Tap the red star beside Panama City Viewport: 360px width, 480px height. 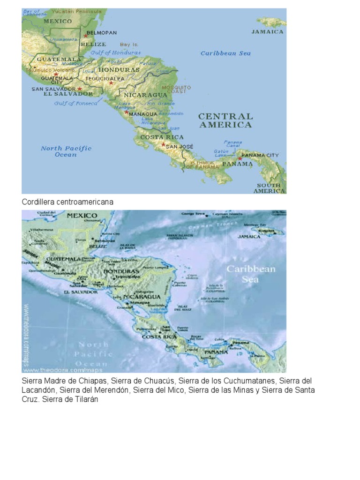coord(240,159)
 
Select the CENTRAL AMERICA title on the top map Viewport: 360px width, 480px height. coord(225,120)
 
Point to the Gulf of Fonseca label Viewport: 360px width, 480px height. coord(76,103)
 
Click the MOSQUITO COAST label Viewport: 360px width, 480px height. coord(176,90)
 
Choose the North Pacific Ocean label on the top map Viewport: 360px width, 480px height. coord(66,151)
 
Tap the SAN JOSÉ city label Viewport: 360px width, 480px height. coord(180,146)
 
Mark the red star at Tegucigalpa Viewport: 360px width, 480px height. coord(111,83)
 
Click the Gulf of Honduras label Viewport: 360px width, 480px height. coord(116,53)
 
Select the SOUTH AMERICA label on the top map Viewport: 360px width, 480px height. coord(269,188)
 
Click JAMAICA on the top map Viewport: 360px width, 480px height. coord(268,32)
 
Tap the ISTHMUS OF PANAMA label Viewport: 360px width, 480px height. coord(202,165)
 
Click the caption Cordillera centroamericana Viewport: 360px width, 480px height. coord(67,202)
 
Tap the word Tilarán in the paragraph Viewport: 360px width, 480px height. coord(85,399)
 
